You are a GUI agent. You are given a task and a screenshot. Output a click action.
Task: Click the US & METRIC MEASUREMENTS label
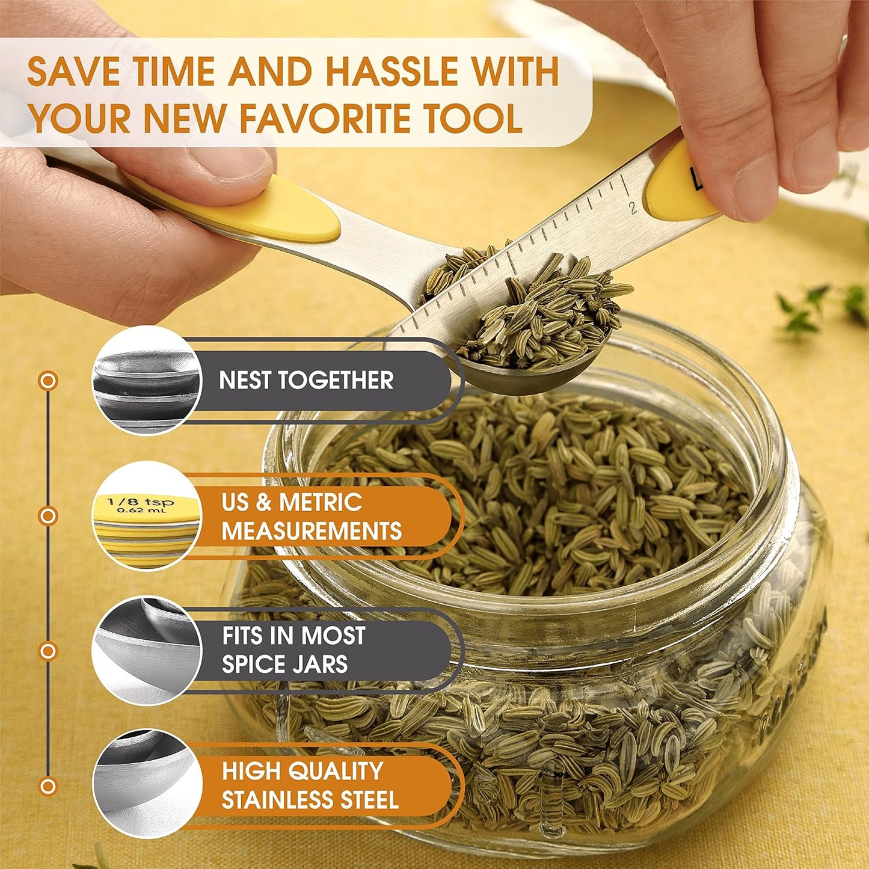click(x=311, y=516)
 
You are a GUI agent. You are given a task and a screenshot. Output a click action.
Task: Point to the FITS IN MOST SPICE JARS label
click(x=293, y=649)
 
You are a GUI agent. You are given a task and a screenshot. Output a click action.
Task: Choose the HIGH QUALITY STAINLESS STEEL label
click(x=310, y=785)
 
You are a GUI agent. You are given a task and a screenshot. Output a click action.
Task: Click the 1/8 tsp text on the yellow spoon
click(x=140, y=502)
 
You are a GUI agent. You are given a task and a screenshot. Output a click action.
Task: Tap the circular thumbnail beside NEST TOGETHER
click(x=146, y=379)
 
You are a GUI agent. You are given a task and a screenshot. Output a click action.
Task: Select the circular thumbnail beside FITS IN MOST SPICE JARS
click(x=146, y=650)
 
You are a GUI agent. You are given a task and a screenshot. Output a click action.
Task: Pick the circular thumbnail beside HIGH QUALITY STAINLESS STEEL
click(x=146, y=785)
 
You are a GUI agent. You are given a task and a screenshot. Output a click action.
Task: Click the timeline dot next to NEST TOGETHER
click(x=48, y=381)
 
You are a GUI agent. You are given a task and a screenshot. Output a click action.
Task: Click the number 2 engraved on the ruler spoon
click(x=633, y=207)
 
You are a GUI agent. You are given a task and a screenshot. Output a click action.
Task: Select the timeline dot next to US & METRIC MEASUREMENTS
click(x=48, y=516)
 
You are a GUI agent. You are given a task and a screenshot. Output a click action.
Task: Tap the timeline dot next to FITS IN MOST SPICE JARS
click(x=48, y=651)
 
